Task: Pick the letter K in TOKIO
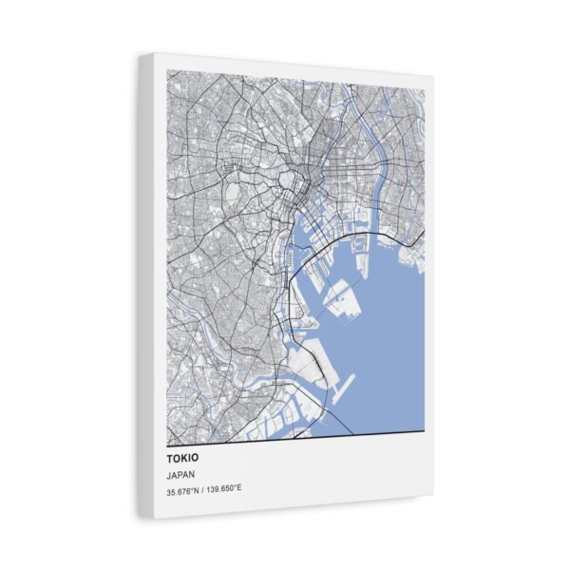(x=179, y=457)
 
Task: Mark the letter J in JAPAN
(x=168, y=474)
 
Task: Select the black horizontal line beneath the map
(x=294, y=437)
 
